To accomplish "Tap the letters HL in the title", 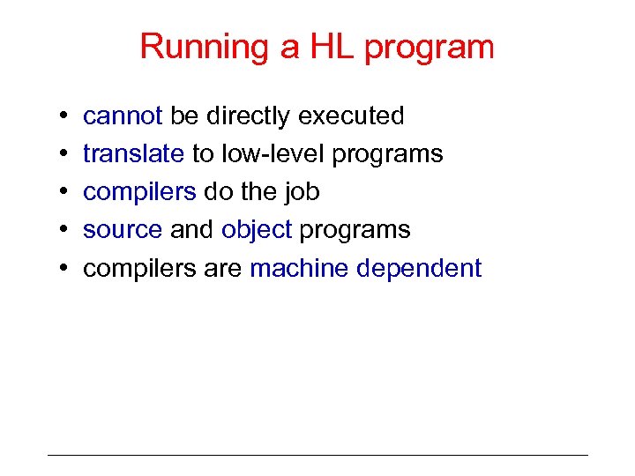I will (x=327, y=48).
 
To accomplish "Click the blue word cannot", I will (x=123, y=116).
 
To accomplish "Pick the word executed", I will (x=351, y=116).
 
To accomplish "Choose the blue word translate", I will (x=133, y=154).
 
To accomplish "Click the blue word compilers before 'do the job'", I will (x=138, y=192).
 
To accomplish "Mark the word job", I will (x=303, y=192).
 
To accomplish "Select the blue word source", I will (x=123, y=230).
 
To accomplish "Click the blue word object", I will (x=257, y=230).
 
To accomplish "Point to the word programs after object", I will (x=355, y=230).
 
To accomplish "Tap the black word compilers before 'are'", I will (x=138, y=268).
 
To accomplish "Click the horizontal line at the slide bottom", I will (x=317, y=455).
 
